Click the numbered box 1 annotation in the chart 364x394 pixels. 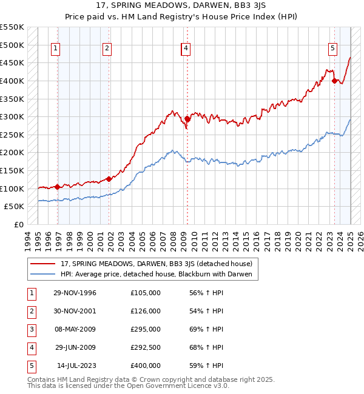click(55, 49)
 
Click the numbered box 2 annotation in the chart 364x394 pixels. click(107, 49)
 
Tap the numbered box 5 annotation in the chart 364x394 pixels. click(333, 49)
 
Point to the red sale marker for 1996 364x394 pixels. click(58, 187)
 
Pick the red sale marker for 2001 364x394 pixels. click(109, 179)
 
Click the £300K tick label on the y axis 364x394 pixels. click(12, 116)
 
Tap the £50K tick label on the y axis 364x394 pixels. click(15, 206)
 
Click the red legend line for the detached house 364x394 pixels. click(43, 264)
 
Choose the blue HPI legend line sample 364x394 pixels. click(43, 275)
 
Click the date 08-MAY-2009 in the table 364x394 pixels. click(75, 329)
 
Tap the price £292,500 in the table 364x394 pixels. click(146, 347)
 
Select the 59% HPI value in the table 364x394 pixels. click(206, 366)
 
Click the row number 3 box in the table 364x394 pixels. click(31, 329)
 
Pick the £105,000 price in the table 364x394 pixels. click(146, 293)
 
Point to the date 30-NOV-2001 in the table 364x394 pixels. click(75, 311)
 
